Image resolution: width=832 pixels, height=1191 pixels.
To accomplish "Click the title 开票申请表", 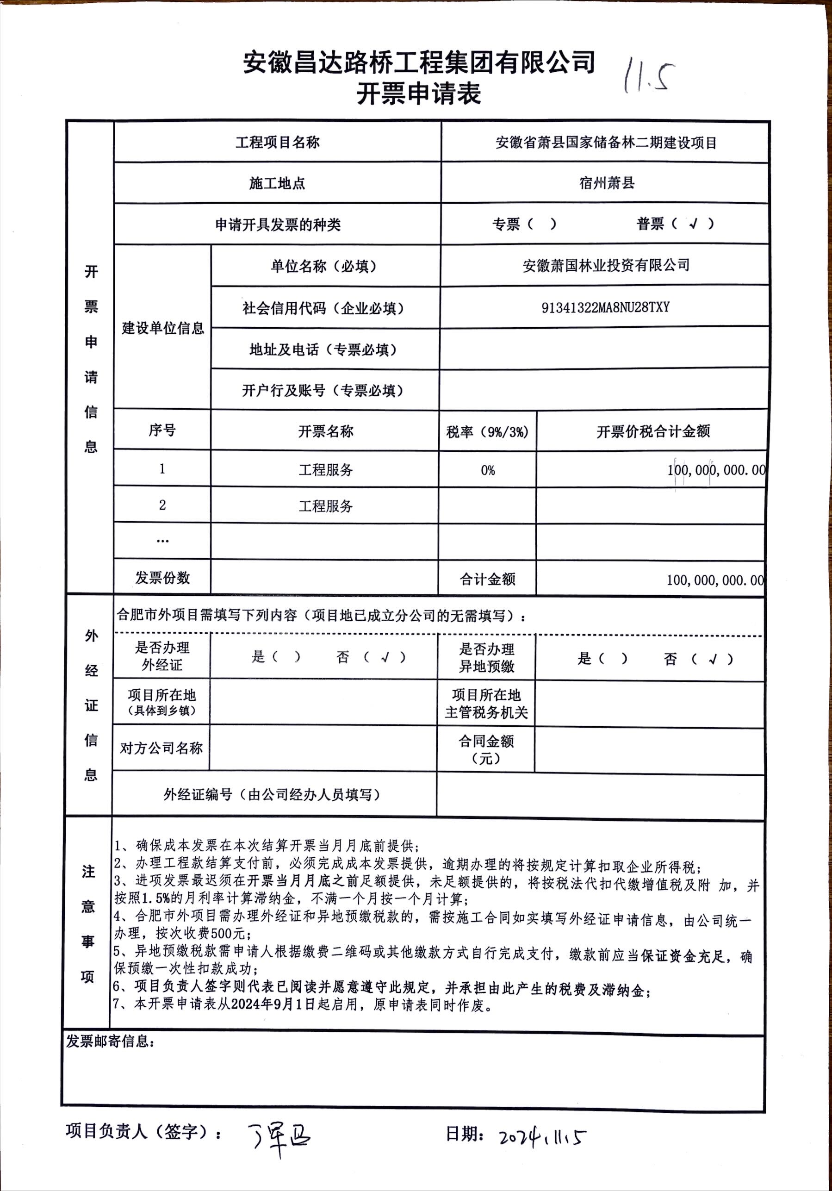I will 419,94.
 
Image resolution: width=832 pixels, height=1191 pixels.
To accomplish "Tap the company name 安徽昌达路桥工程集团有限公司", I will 419,62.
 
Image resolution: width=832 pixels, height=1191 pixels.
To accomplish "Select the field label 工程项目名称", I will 278,142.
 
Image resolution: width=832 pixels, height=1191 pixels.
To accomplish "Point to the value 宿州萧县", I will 606,182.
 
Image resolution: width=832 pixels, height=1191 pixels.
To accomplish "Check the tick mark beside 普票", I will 693,224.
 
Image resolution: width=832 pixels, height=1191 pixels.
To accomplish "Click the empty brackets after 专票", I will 541,224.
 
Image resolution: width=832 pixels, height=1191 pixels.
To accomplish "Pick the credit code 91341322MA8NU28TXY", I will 605,307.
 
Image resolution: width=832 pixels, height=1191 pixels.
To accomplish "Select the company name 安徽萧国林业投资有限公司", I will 606,266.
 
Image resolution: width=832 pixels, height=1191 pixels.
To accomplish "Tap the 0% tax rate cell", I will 488,470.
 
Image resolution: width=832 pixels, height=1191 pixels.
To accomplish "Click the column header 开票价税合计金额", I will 652,431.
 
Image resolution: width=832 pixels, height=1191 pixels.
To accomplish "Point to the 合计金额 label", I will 487,580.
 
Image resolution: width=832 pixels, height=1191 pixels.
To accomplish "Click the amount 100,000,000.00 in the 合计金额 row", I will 715,580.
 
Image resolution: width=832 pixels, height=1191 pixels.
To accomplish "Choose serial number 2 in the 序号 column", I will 162,505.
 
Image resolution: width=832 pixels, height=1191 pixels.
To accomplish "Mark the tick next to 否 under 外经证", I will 385,658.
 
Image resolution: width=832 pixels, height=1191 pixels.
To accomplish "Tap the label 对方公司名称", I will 161,748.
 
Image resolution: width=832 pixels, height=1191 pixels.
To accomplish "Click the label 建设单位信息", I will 163,328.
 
